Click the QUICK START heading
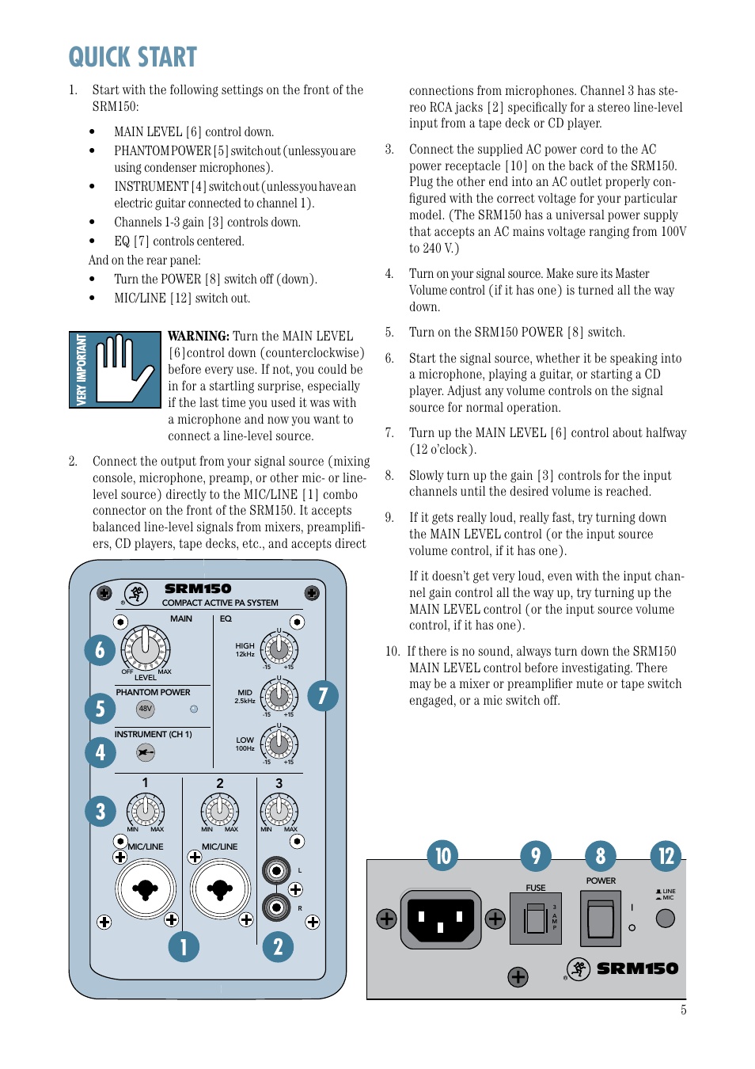132,57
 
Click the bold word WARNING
198,336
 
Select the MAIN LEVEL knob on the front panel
146,648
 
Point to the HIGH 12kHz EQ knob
279,649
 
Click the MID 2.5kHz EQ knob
279,696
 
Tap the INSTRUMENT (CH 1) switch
146,752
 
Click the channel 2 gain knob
219,811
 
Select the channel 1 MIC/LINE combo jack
146,889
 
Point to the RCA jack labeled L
276,872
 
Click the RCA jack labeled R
276,907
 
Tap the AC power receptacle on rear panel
441,919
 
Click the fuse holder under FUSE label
536,919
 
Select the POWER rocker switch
601,919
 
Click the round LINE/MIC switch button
666,918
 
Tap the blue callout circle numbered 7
323,696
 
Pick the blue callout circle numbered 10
442,855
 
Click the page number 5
683,1010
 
